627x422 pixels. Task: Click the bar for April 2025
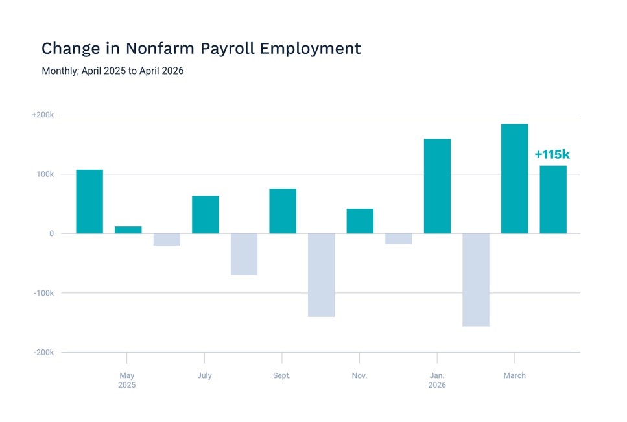[89, 202]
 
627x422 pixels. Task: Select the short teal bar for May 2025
[128, 229]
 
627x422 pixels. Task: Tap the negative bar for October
[322, 275]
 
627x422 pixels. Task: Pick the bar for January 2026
[438, 186]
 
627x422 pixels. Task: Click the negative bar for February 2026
[476, 280]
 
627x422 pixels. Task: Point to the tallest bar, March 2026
[515, 179]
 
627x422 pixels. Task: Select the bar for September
[283, 211]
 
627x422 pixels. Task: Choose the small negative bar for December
[399, 239]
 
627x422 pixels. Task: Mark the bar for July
[206, 215]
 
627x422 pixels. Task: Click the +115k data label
[552, 154]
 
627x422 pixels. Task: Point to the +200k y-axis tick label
[43, 115]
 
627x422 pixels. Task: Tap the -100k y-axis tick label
[43, 293]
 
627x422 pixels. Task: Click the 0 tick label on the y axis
[52, 234]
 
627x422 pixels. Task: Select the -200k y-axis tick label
[43, 353]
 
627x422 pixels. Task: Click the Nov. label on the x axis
[359, 375]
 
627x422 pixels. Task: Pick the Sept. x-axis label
[282, 375]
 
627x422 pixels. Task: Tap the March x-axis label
[515, 375]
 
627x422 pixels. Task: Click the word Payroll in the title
[228, 49]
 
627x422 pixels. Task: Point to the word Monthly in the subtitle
[60, 71]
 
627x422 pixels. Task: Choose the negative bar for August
[244, 254]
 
